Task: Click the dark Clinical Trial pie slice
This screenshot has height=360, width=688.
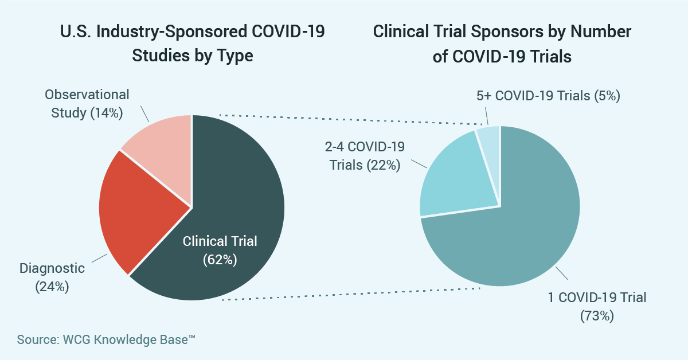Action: [x=233, y=197]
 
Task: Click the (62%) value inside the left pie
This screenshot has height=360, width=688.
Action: [x=220, y=260]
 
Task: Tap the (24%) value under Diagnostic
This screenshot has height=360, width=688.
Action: [x=52, y=287]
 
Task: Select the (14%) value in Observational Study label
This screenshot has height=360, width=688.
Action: [x=107, y=113]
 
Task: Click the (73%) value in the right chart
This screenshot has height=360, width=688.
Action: [x=597, y=316]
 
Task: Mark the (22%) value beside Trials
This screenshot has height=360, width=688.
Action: [x=384, y=165]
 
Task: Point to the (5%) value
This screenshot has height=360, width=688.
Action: [x=607, y=96]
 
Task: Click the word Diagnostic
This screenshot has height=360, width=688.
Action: [x=52, y=268]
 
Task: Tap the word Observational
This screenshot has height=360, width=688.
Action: [x=87, y=95]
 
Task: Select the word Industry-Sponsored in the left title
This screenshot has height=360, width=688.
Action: [x=171, y=32]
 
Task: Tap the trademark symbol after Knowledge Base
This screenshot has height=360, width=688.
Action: [x=191, y=336]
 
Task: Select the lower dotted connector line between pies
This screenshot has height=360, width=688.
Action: [x=351, y=294]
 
